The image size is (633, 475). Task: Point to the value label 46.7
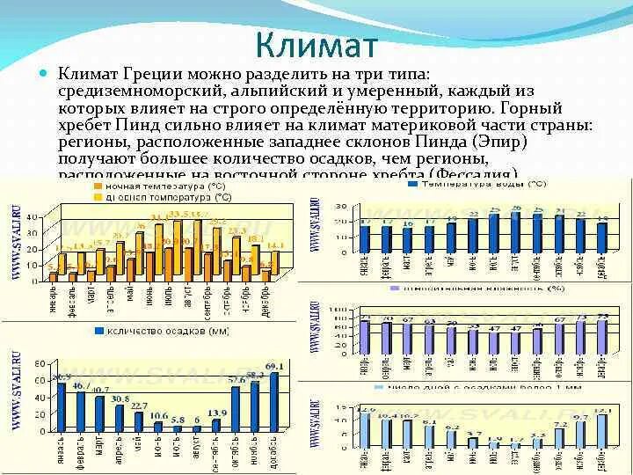[x=80, y=385]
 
